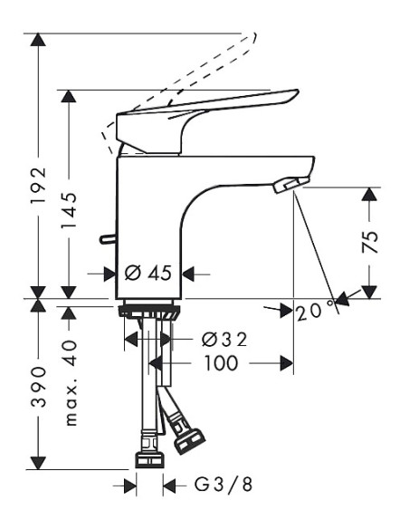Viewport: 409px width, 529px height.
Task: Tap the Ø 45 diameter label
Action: pyautogui.click(x=147, y=272)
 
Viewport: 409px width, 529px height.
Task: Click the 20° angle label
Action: pyautogui.click(x=309, y=310)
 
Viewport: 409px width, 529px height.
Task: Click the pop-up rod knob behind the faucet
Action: pyautogui.click(x=107, y=240)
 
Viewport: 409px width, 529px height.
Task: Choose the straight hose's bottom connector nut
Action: pyautogui.click(x=148, y=458)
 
